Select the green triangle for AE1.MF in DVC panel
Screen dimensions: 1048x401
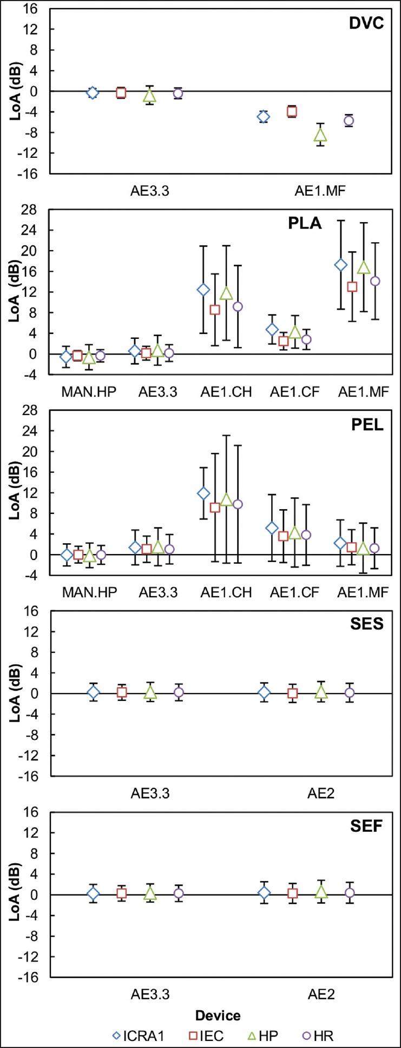tap(320, 135)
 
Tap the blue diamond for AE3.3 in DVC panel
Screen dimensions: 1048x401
tap(93, 93)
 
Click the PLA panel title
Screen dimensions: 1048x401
tap(304, 223)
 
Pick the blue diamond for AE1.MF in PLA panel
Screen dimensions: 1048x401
tap(340, 265)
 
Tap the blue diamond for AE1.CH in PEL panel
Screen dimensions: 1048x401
tap(203, 493)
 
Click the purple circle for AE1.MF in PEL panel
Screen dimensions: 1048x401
tap(374, 548)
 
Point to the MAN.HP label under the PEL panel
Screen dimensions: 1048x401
tap(89, 592)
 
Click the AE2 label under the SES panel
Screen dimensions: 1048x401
tap(321, 793)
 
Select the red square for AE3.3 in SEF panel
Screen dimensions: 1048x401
tap(122, 893)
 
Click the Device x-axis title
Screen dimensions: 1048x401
tap(218, 1015)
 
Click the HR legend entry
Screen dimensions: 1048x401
tap(317, 1036)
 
